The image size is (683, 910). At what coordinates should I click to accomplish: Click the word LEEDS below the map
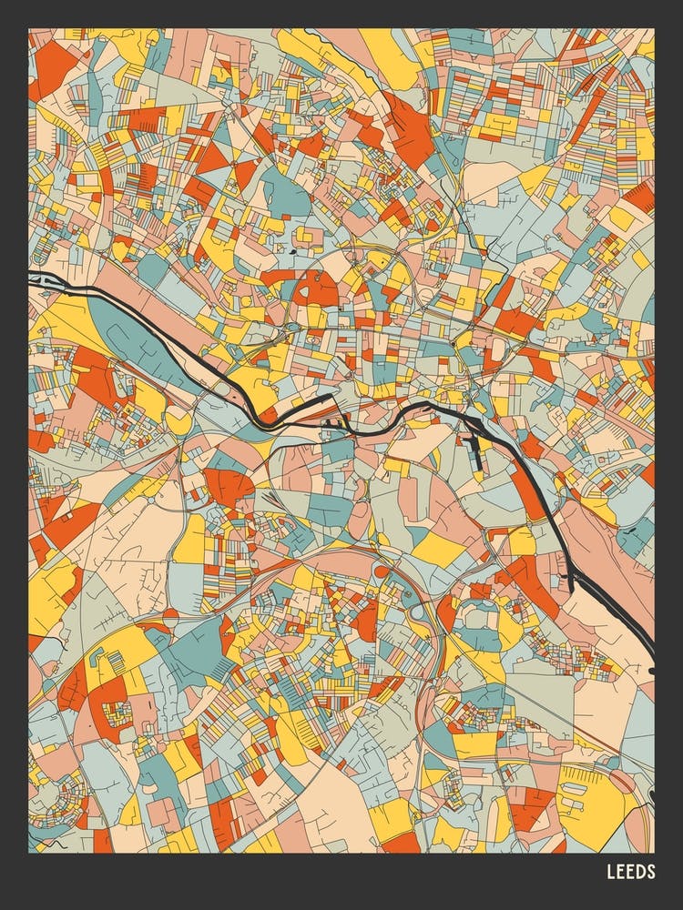[x=630, y=872]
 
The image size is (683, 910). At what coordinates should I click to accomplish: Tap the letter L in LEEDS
[x=611, y=872]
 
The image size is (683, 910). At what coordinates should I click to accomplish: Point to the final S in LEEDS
[x=650, y=872]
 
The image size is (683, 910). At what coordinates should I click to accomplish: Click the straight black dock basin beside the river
[x=476, y=451]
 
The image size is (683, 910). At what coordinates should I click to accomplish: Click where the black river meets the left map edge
[x=31, y=280]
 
